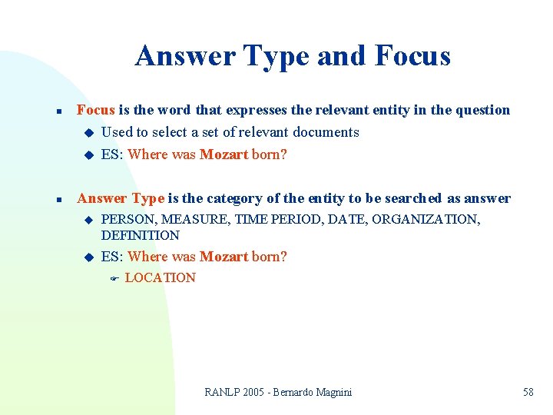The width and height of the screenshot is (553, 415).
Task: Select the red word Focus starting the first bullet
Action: click(96, 110)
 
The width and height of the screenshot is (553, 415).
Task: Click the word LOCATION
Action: click(160, 277)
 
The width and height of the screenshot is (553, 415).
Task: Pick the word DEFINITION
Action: click(140, 235)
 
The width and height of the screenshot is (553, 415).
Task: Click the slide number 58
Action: click(528, 392)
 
